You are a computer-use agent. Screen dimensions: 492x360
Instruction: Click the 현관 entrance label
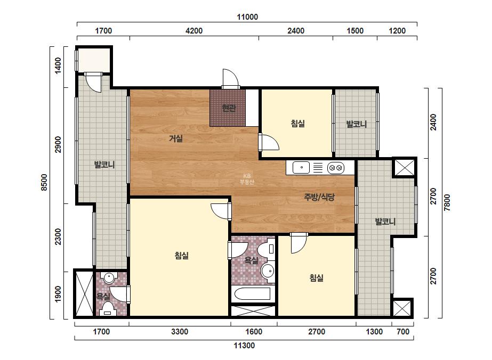point(229,109)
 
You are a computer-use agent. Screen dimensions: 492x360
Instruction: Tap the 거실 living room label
point(176,138)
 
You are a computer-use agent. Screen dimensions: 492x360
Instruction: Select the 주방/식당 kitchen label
point(319,197)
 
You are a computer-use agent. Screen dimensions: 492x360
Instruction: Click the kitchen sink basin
point(301,167)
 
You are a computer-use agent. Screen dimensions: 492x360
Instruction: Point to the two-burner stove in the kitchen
point(336,168)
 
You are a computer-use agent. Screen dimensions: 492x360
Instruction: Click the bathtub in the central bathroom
point(253,294)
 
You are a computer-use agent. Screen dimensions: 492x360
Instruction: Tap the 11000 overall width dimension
point(247,17)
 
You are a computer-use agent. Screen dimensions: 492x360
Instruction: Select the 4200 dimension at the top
point(194,31)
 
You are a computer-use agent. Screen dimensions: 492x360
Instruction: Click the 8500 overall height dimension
point(44,183)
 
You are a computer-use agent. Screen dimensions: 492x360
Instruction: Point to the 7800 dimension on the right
point(447,202)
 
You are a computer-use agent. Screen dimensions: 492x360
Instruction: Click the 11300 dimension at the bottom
point(244,346)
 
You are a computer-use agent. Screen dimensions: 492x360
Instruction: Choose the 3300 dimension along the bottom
point(180,332)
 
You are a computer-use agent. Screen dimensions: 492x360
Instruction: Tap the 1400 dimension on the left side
point(58,66)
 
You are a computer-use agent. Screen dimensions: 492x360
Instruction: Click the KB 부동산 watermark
point(247,179)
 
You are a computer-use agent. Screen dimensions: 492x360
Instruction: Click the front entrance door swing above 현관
point(231,78)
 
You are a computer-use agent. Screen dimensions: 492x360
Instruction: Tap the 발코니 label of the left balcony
point(104,165)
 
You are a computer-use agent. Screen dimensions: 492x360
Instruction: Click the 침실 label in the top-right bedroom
point(298,124)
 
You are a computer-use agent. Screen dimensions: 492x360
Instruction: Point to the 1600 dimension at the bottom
point(254,332)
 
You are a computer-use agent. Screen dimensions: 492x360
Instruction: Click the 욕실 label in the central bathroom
point(252,260)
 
